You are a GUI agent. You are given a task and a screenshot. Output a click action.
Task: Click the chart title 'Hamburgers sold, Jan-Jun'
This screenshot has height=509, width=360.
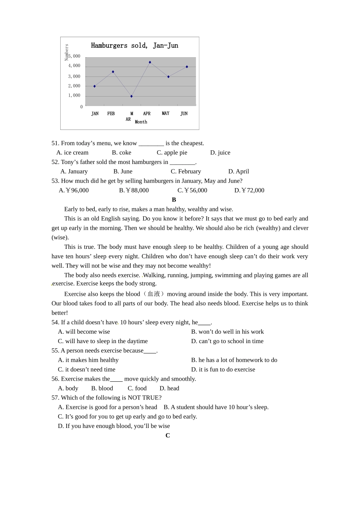click(x=135, y=46)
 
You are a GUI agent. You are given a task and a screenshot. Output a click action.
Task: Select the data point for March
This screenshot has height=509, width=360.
click(x=131, y=96)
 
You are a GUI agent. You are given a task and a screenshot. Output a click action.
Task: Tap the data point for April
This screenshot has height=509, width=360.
click(x=150, y=62)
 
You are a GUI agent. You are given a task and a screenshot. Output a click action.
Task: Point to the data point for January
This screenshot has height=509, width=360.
click(x=95, y=86)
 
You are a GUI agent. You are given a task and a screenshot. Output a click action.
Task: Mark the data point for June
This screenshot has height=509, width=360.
click(x=187, y=67)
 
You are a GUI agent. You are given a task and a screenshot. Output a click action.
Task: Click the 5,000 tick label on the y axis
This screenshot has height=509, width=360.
click(x=75, y=56)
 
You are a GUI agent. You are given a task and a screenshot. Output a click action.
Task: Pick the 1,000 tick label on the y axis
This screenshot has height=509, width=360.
click(x=74, y=95)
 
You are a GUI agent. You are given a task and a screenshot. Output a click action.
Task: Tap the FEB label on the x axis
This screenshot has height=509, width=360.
click(x=111, y=114)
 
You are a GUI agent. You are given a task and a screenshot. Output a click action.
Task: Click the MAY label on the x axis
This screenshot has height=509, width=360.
click(x=166, y=113)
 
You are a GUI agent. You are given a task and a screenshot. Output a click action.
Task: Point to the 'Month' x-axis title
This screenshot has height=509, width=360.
click(x=141, y=122)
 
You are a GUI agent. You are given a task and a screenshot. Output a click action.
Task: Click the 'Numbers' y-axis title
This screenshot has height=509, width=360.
click(x=67, y=52)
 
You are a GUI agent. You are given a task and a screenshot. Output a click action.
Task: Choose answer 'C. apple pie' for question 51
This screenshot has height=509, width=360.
click(x=172, y=153)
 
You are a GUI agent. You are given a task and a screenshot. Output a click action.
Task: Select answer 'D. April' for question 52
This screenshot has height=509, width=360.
click(x=239, y=172)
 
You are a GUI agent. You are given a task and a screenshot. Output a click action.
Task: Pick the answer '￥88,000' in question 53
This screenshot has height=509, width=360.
click(x=134, y=190)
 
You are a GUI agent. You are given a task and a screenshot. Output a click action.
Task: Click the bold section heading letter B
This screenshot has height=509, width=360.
click(x=174, y=200)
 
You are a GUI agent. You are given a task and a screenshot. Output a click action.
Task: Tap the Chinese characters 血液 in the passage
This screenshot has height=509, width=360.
click(x=154, y=294)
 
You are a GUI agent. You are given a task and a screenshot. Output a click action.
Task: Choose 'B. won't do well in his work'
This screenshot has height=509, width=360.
click(x=227, y=332)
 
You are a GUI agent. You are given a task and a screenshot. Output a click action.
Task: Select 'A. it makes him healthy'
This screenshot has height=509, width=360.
click(x=88, y=360)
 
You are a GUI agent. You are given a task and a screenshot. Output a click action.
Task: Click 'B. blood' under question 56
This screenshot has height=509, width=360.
click(x=102, y=389)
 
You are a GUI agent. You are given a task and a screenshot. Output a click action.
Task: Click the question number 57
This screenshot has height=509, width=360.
click(x=55, y=398)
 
